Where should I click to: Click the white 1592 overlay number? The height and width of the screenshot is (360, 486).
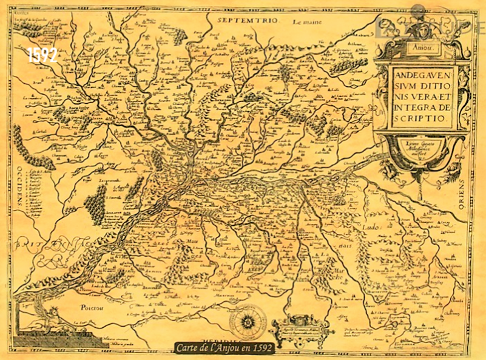[x=42, y=55]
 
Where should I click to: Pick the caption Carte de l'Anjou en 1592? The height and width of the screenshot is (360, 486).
[x=224, y=348]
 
